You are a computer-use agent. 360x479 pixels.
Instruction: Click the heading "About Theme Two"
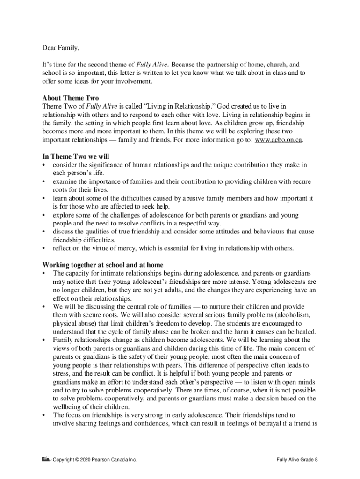71,98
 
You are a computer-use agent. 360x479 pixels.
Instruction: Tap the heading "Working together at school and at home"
103,265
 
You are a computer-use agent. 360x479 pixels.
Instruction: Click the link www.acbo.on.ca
278,140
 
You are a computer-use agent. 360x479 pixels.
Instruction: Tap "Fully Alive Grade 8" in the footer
297,460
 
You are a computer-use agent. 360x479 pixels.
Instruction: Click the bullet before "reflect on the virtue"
44,248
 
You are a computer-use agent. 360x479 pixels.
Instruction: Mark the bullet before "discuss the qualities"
44,231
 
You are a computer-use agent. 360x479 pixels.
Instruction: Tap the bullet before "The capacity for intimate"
44,273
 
